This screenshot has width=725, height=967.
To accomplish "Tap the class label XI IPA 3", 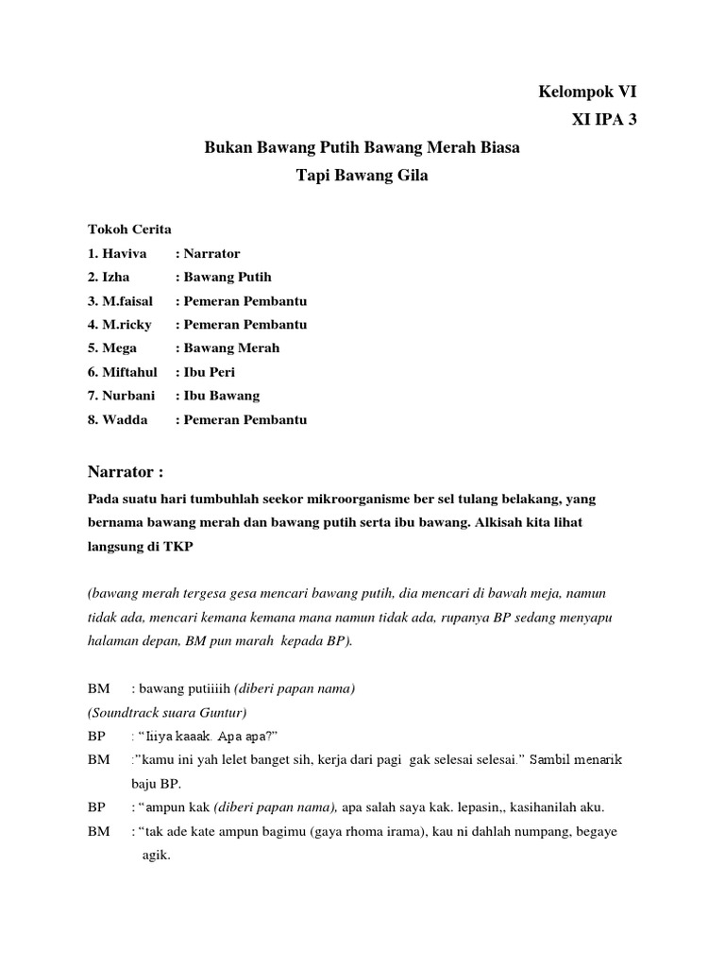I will click(598, 120).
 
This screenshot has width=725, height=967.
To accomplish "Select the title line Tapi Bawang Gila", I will click(362, 176).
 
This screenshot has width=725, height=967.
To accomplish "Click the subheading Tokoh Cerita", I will click(130, 229).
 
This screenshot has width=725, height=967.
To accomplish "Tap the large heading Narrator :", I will click(131, 471).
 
